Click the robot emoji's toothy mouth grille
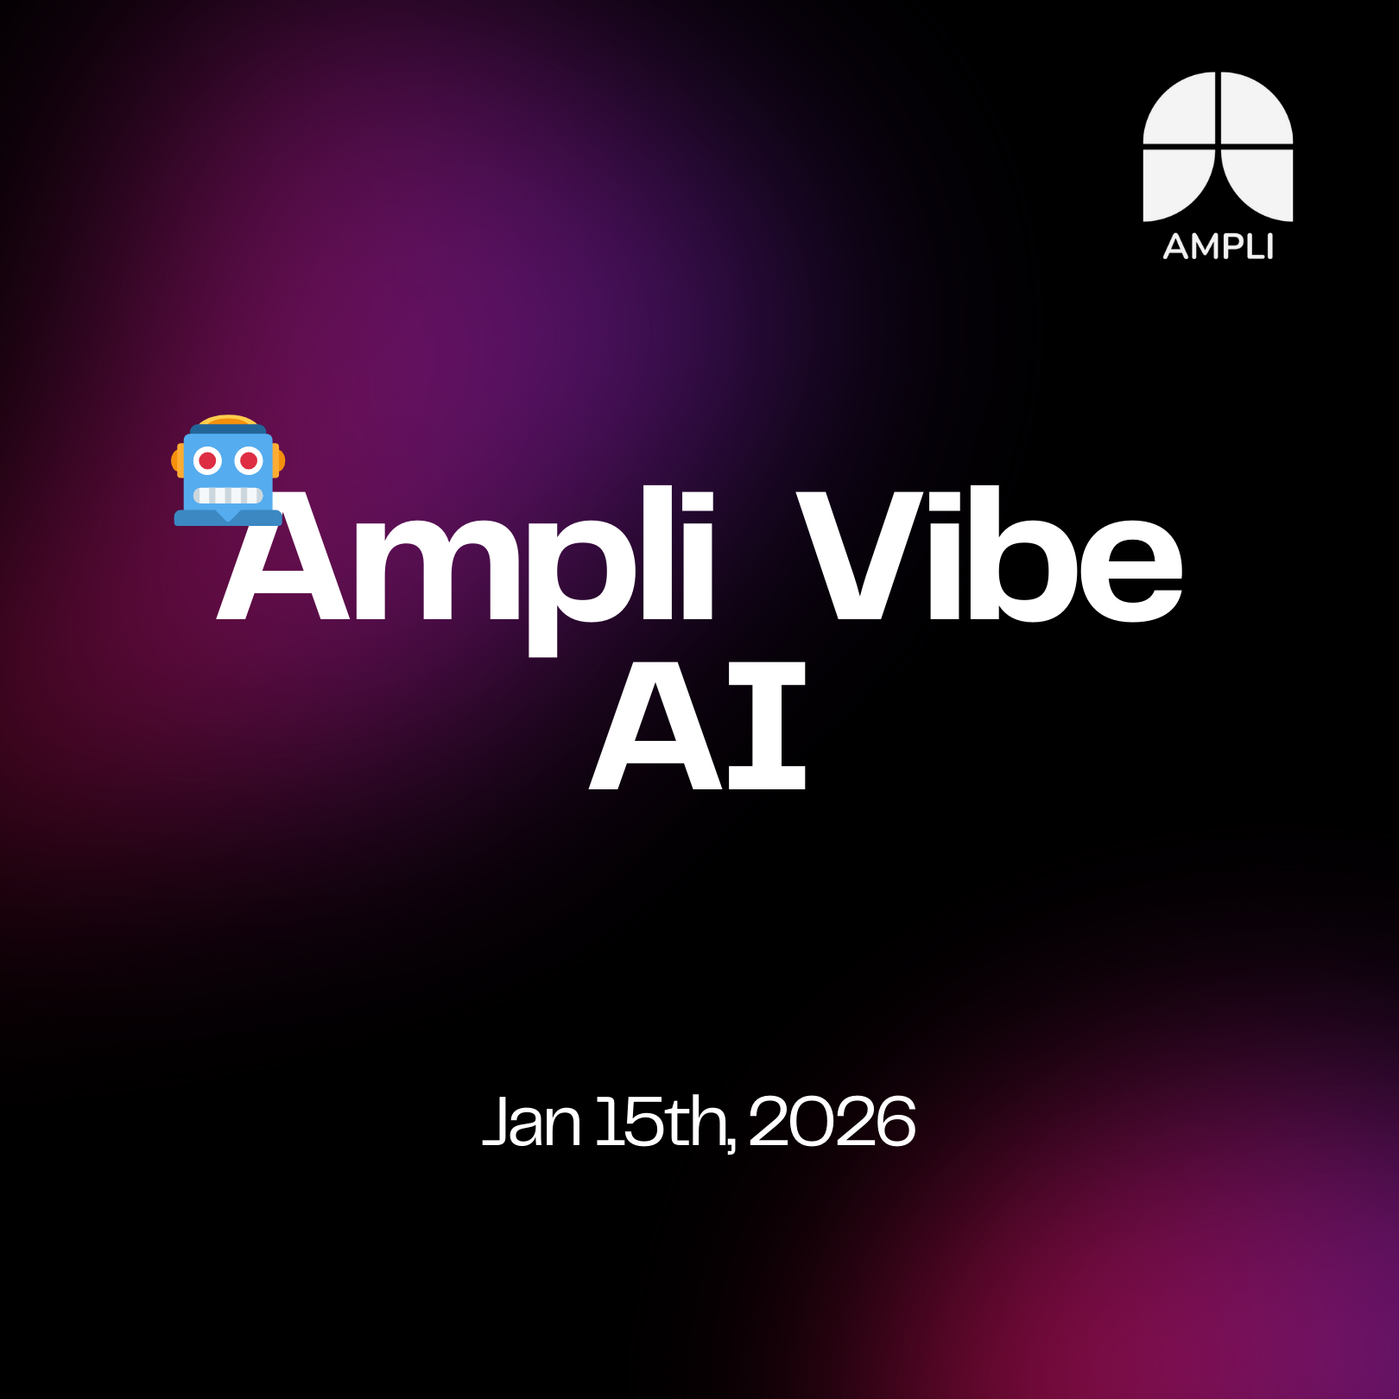point(228,496)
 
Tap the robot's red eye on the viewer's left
point(208,461)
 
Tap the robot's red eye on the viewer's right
point(249,461)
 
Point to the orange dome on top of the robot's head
point(228,420)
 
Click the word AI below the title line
point(698,725)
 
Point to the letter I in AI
point(768,725)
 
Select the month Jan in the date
point(531,1122)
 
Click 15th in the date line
point(661,1122)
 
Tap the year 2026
point(832,1122)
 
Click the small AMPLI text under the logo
point(1218,247)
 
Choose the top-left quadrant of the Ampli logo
point(1181,108)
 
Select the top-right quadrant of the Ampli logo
point(1257,108)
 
